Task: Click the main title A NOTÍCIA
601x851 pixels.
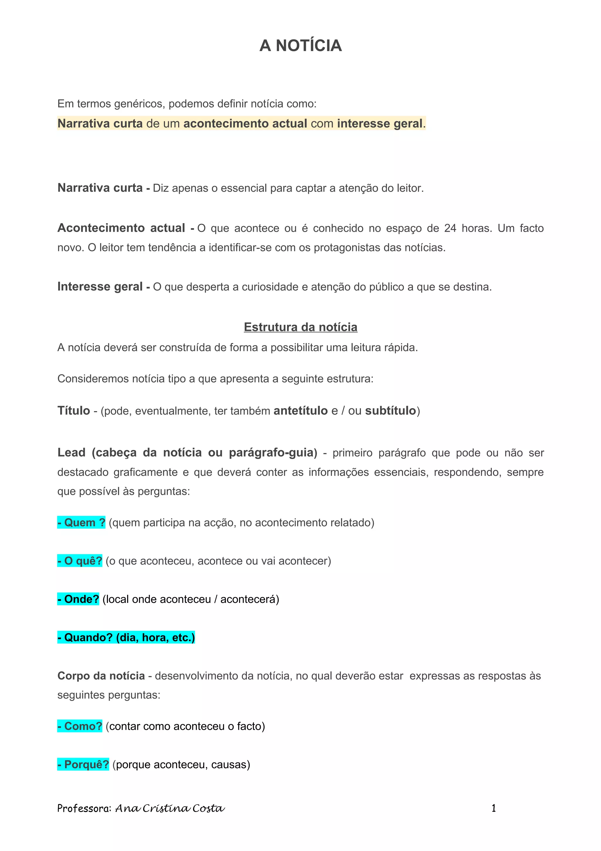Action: click(x=300, y=46)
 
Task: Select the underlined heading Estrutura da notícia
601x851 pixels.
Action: click(x=300, y=327)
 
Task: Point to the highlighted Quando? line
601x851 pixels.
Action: click(x=126, y=638)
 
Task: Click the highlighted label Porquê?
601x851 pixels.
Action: click(x=83, y=764)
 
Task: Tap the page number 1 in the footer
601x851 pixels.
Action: click(x=493, y=808)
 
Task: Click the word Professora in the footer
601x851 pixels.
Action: click(x=84, y=808)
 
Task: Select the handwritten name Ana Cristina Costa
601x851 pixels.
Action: click(x=170, y=808)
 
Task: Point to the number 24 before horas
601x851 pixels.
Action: click(x=450, y=228)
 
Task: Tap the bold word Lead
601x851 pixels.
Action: click(x=72, y=453)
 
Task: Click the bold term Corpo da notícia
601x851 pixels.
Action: click(x=101, y=676)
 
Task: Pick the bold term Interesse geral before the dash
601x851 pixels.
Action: click(x=100, y=287)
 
